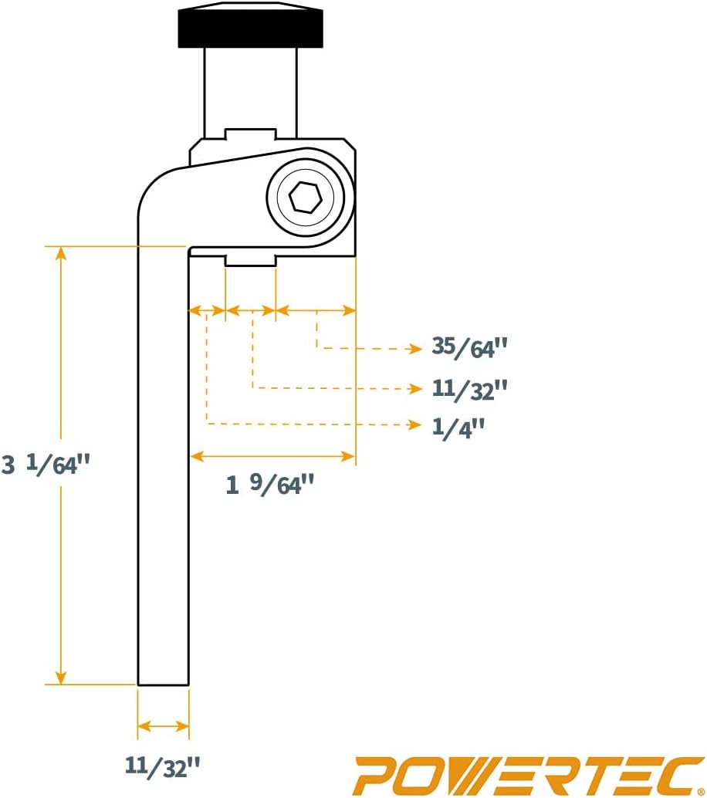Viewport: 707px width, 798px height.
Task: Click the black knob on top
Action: pyautogui.click(x=250, y=25)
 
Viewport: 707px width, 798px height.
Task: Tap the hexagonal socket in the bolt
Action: pyautogui.click(x=306, y=197)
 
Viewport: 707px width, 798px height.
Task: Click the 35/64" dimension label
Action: pyautogui.click(x=469, y=347)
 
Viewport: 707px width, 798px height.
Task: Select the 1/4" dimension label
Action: pyautogui.click(x=458, y=427)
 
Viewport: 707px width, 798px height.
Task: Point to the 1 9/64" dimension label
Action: pyautogui.click(x=270, y=483)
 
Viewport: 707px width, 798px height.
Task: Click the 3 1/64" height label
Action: pyautogui.click(x=46, y=464)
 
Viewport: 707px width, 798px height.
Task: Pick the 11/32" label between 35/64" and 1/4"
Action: pyautogui.click(x=469, y=389)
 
